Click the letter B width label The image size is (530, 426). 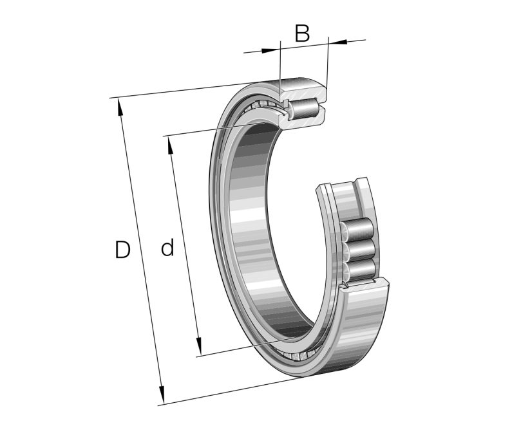click(x=302, y=33)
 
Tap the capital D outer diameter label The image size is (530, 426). click(x=122, y=250)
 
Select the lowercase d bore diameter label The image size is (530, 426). click(x=167, y=248)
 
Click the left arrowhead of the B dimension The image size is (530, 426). click(x=275, y=48)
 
